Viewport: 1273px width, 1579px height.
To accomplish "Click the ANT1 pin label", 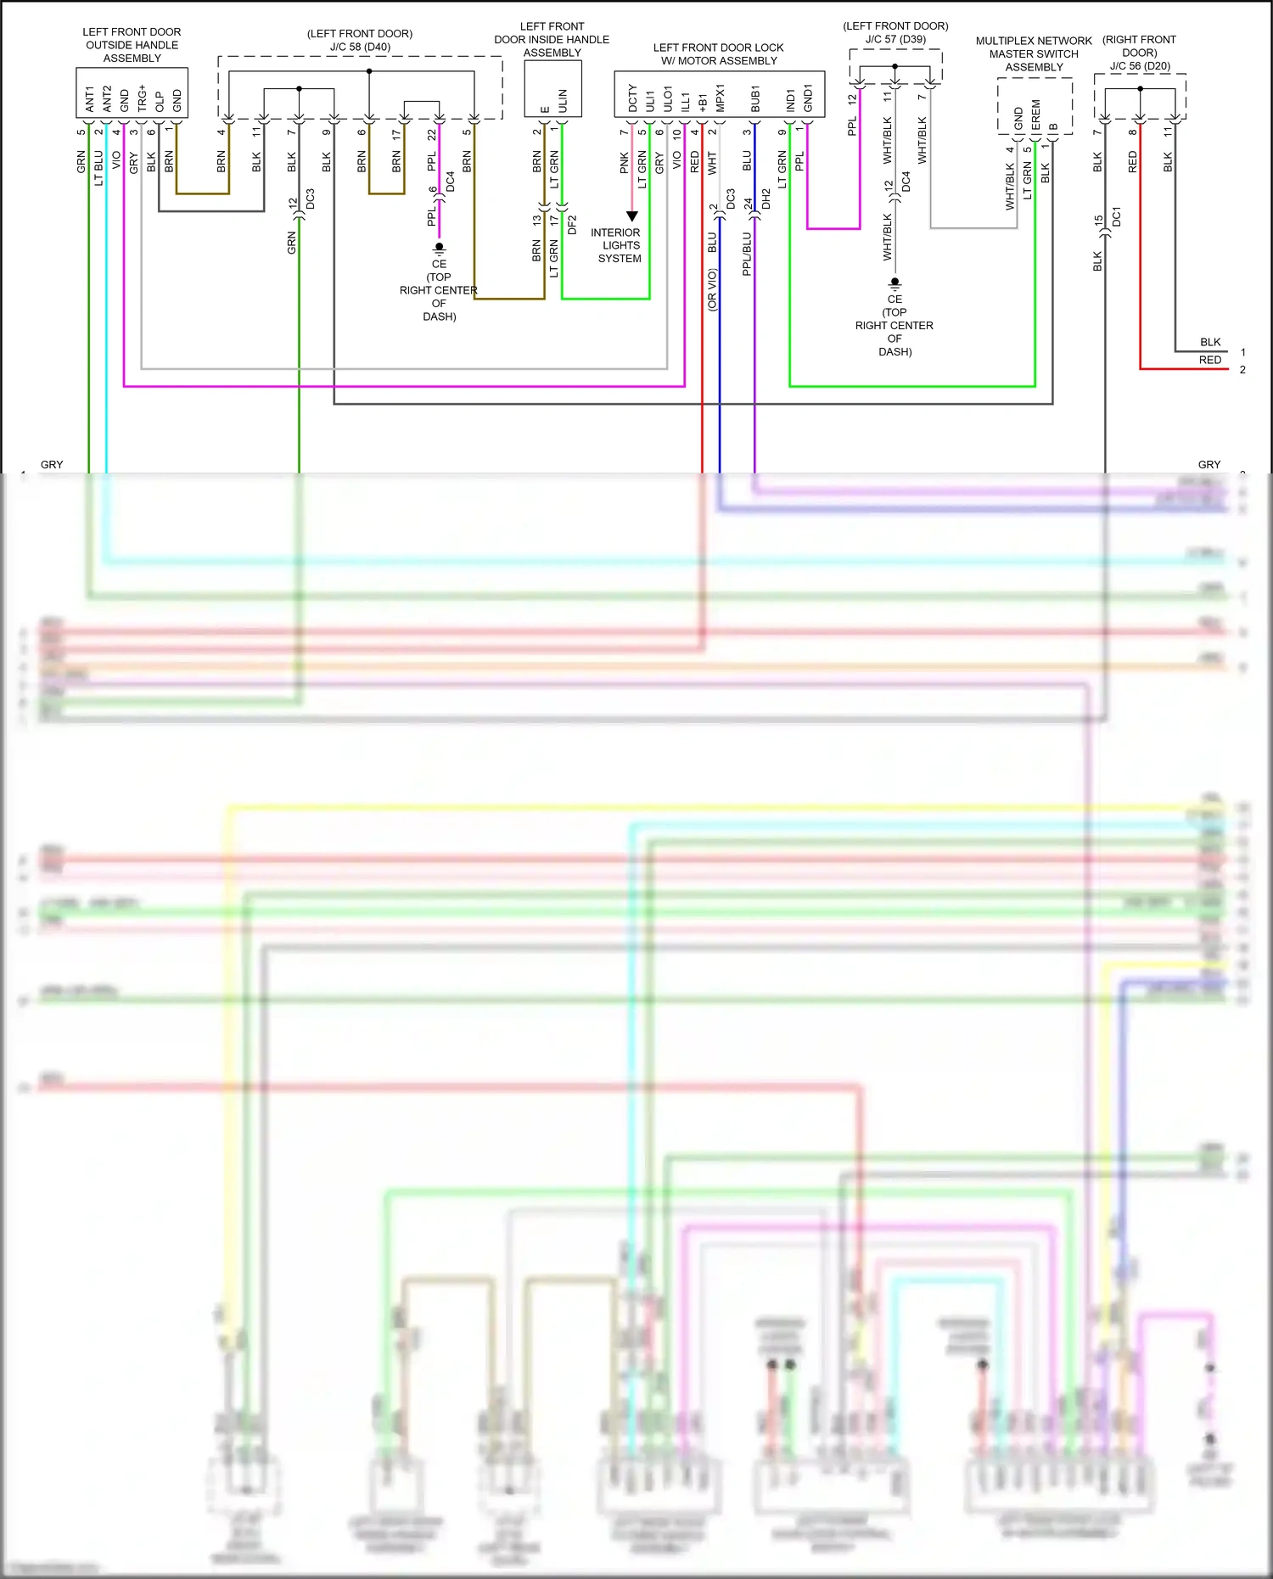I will click(89, 99).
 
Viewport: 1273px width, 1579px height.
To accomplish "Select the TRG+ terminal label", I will click(142, 98).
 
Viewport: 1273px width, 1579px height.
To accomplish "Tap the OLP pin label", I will click(160, 102).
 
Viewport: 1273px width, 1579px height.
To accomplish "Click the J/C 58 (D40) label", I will click(360, 47).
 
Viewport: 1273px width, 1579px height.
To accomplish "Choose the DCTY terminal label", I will click(632, 98).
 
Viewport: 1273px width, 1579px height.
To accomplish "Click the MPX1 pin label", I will click(721, 98).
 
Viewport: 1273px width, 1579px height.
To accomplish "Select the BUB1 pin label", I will click(755, 98).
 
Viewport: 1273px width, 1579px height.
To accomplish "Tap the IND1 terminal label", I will click(790, 101).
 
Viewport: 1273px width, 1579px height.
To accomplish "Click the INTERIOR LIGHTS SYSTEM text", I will click(617, 245).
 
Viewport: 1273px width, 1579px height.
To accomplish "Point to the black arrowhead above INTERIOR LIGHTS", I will click(631, 216).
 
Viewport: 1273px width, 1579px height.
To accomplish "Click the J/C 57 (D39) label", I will click(895, 39).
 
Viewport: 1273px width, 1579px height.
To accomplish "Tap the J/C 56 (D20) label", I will click(1140, 65).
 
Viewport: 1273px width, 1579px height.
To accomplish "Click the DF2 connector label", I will click(572, 225).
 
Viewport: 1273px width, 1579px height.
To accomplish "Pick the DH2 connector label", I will click(765, 199).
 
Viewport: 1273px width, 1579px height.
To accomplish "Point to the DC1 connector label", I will click(1116, 216).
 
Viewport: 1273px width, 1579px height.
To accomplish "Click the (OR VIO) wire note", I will click(713, 289).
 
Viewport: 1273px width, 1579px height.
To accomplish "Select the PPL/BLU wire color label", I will click(748, 254).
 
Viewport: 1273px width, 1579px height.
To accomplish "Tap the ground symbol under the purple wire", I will click(439, 249).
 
